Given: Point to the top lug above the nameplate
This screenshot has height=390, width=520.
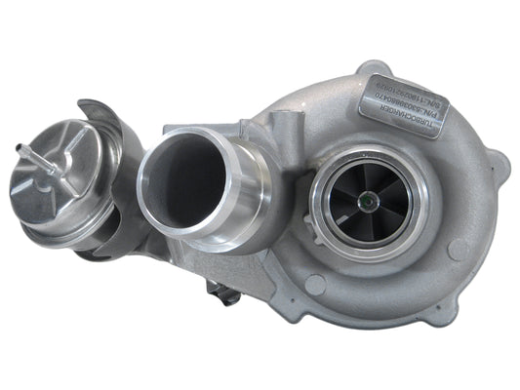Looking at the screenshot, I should (376, 72).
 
